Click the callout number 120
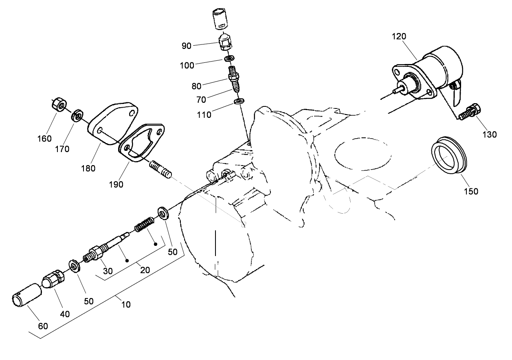click(399, 37)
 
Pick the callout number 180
click(88, 168)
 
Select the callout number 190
click(116, 184)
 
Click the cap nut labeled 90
click(224, 42)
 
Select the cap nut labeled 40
click(53, 281)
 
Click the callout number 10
click(126, 304)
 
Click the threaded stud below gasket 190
click(161, 169)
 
